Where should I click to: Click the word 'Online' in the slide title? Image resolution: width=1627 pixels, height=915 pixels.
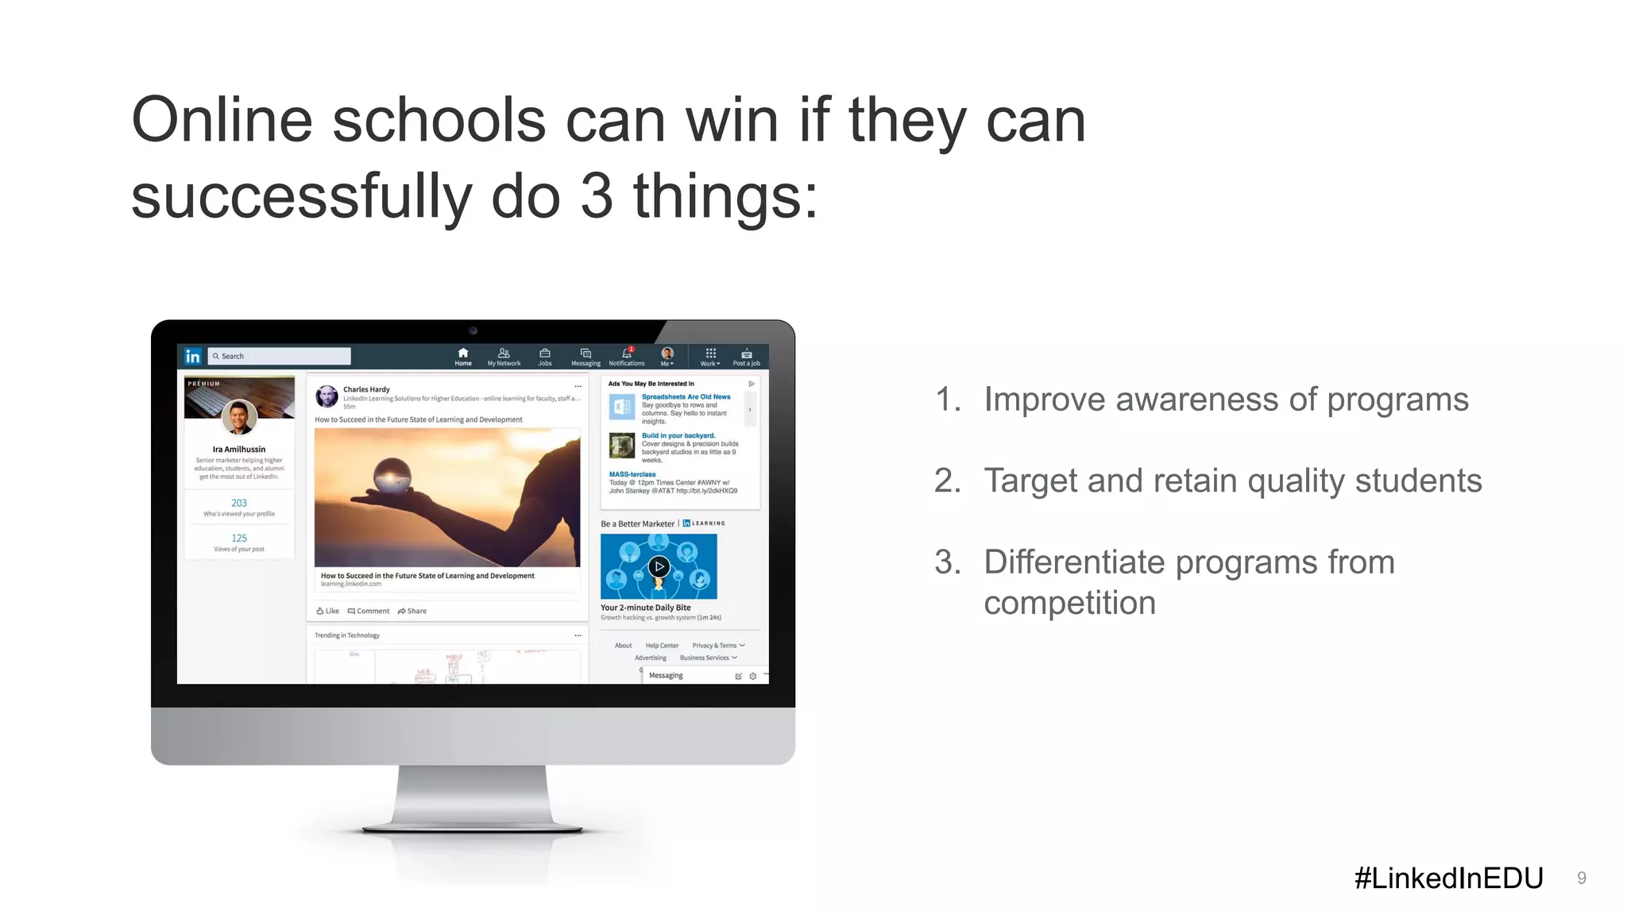pyautogui.click(x=222, y=121)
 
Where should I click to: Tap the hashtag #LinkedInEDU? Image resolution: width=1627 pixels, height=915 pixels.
pyautogui.click(x=1448, y=878)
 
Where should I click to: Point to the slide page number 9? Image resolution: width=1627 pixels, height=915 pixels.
pyautogui.click(x=1581, y=878)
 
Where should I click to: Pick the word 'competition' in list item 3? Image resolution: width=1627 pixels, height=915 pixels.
pyautogui.click(x=1069, y=603)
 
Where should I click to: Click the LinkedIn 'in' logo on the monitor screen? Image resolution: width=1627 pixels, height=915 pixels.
pyautogui.click(x=193, y=357)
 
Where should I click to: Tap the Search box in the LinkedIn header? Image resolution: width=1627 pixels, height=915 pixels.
pyautogui.click(x=279, y=357)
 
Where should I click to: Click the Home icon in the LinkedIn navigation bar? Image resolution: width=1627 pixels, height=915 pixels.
pyautogui.click(x=463, y=353)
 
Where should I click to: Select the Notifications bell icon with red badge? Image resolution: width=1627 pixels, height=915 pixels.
pyautogui.click(x=627, y=353)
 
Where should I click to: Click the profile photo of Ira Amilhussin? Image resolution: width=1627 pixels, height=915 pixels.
pyautogui.click(x=239, y=416)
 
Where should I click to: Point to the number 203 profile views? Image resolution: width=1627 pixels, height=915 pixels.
pyautogui.click(x=239, y=503)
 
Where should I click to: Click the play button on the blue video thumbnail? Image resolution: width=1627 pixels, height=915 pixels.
pyautogui.click(x=659, y=566)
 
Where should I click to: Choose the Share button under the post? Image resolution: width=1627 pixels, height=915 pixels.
pyautogui.click(x=412, y=611)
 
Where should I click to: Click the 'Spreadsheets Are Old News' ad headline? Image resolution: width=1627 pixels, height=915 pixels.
pyautogui.click(x=686, y=396)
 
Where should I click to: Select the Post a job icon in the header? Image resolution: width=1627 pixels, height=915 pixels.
pyautogui.click(x=746, y=353)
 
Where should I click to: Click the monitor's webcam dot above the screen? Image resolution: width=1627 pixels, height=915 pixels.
pyautogui.click(x=473, y=330)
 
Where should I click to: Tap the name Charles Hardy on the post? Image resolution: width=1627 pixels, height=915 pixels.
pyautogui.click(x=366, y=389)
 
